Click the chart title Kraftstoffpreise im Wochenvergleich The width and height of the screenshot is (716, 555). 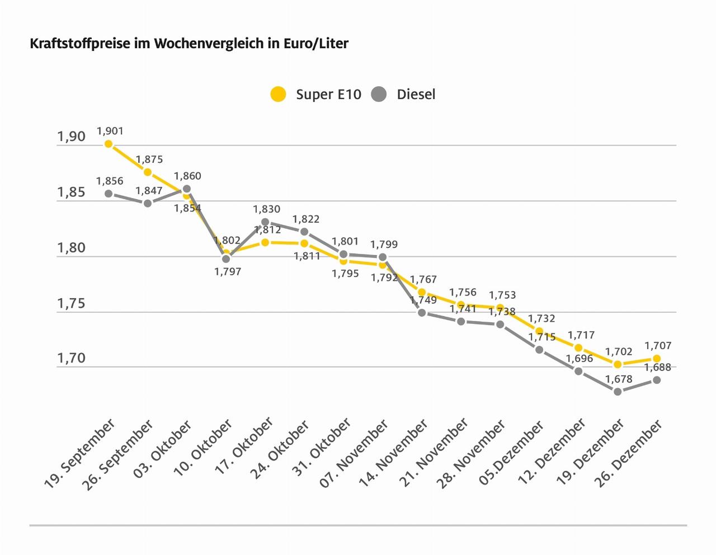(189, 44)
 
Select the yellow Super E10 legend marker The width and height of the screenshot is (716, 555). (278, 95)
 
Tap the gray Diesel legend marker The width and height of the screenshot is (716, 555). (379, 95)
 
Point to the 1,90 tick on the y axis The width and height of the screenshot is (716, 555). (71, 137)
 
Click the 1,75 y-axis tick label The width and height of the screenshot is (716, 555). (71, 304)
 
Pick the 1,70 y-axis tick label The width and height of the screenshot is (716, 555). (71, 359)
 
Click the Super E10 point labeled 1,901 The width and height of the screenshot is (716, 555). (109, 144)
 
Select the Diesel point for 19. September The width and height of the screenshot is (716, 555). (109, 194)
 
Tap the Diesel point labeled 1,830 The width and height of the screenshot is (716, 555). (265, 222)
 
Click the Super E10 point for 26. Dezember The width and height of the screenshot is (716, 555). (657, 359)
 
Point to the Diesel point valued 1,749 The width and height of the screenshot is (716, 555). (422, 313)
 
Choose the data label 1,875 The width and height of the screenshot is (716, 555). (149, 160)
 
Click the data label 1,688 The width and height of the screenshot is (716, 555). (657, 368)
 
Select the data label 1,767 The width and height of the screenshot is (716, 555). (423, 280)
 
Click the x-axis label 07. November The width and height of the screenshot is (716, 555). (354, 454)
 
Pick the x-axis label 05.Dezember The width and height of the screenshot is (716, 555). (511, 454)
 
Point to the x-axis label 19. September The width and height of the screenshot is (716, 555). (79, 454)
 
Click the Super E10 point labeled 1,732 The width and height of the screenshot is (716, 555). (539, 332)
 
